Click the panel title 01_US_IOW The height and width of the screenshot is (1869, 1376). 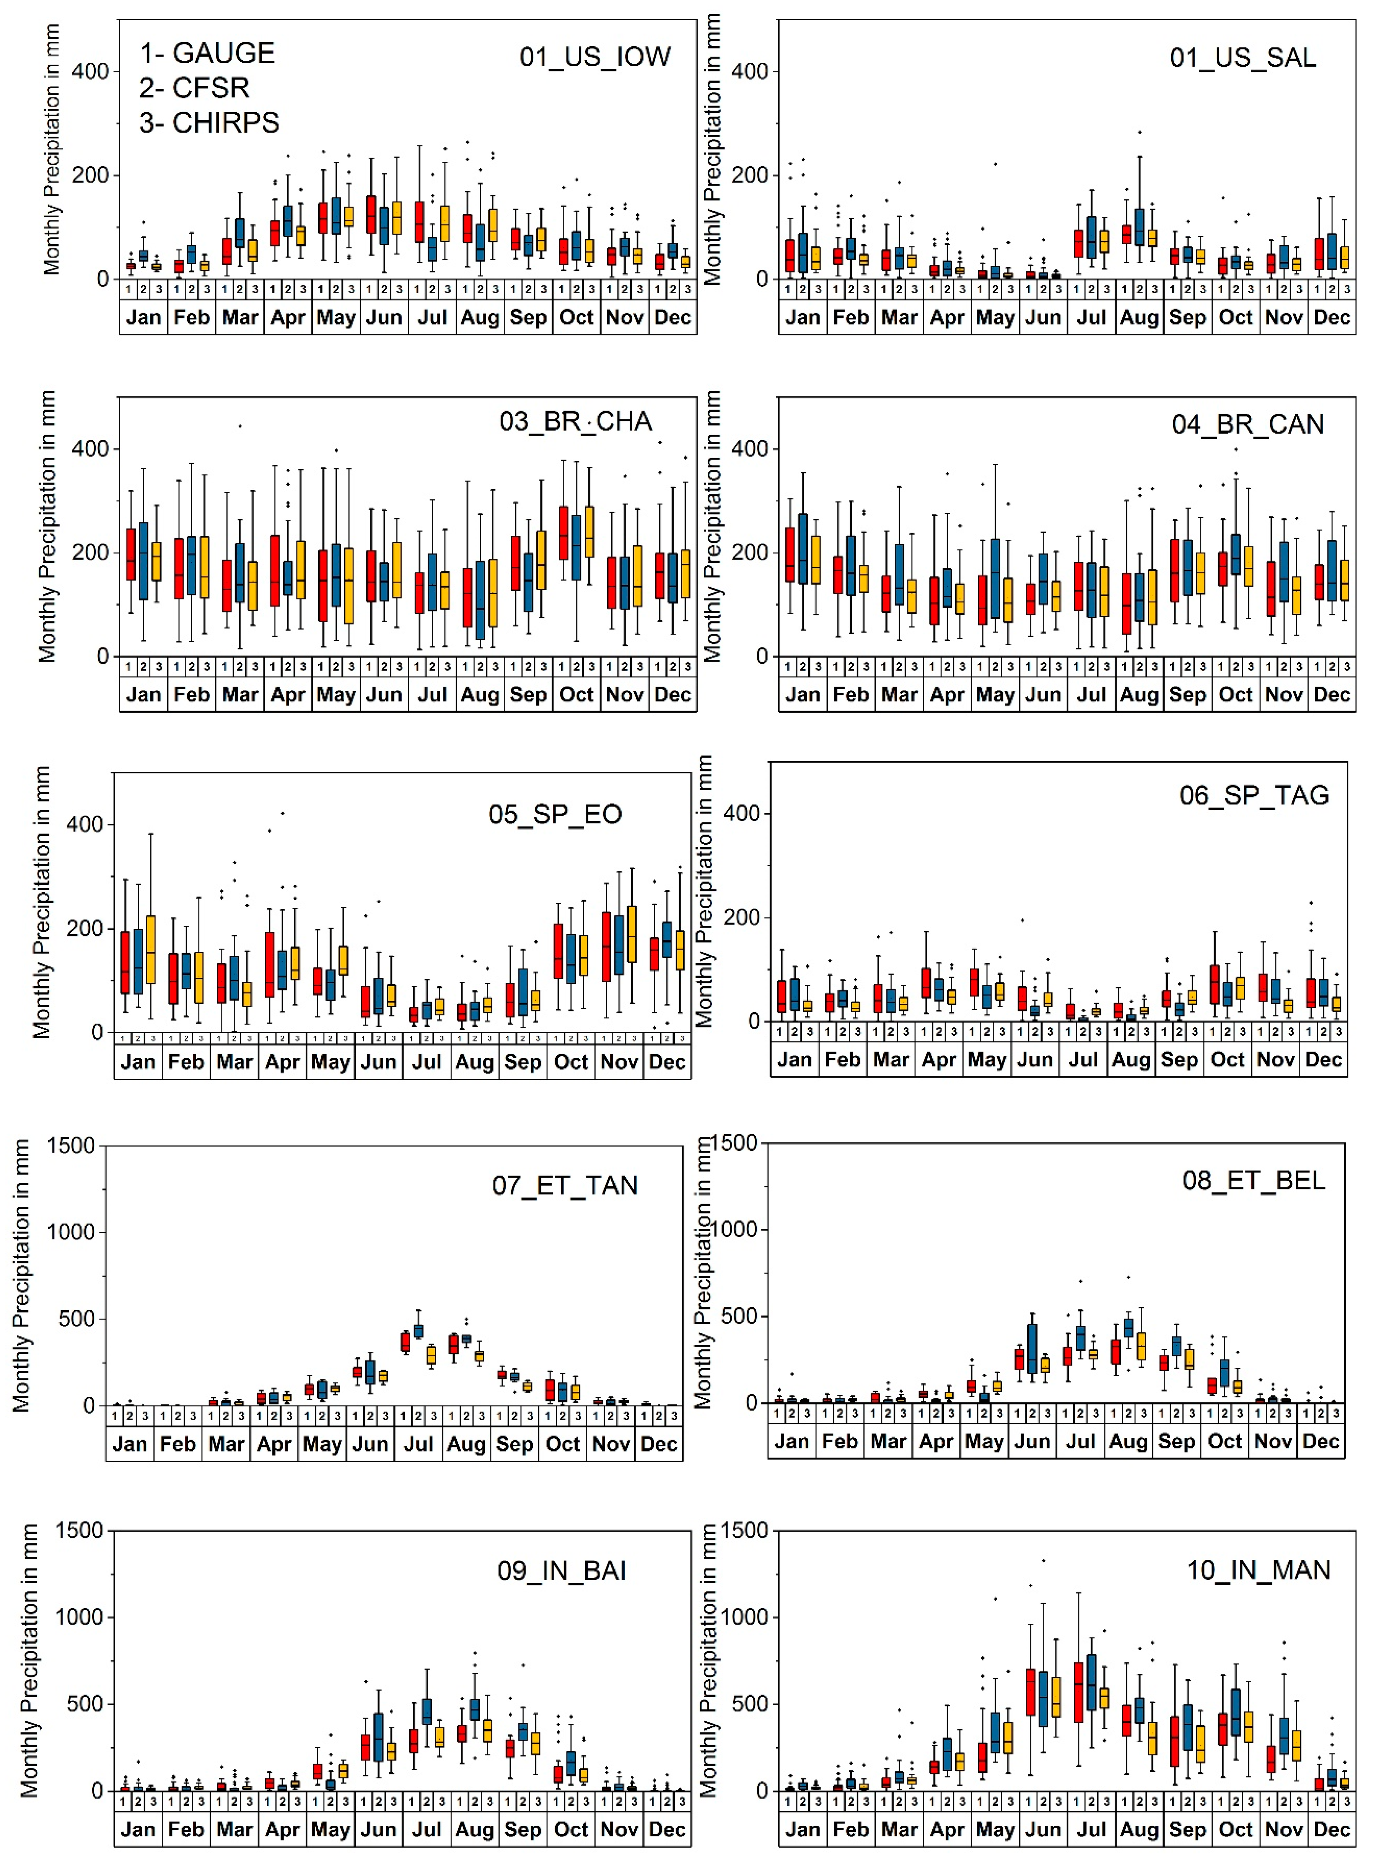click(x=595, y=57)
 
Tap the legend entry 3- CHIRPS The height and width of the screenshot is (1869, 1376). click(x=209, y=122)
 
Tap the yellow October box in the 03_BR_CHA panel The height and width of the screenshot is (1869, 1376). click(x=590, y=532)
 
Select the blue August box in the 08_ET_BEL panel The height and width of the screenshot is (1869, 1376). click(x=1128, y=1328)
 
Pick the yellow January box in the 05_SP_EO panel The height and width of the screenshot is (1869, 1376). click(x=151, y=949)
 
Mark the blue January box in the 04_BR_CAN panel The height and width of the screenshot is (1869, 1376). click(x=803, y=548)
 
